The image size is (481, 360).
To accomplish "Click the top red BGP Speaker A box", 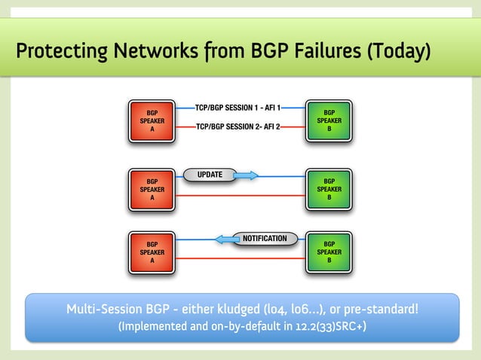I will [152, 121].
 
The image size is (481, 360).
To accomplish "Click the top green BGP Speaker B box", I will [329, 121].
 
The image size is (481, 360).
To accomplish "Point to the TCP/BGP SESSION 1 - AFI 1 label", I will [237, 108].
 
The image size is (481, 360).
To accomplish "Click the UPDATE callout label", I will [210, 175].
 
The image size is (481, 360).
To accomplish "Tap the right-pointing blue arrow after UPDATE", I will [246, 176].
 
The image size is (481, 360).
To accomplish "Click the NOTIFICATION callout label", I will [265, 239].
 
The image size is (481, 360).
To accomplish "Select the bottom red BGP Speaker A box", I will [152, 251].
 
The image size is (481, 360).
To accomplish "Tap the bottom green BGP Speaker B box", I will [329, 251].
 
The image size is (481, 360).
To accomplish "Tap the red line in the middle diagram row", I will [241, 195].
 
